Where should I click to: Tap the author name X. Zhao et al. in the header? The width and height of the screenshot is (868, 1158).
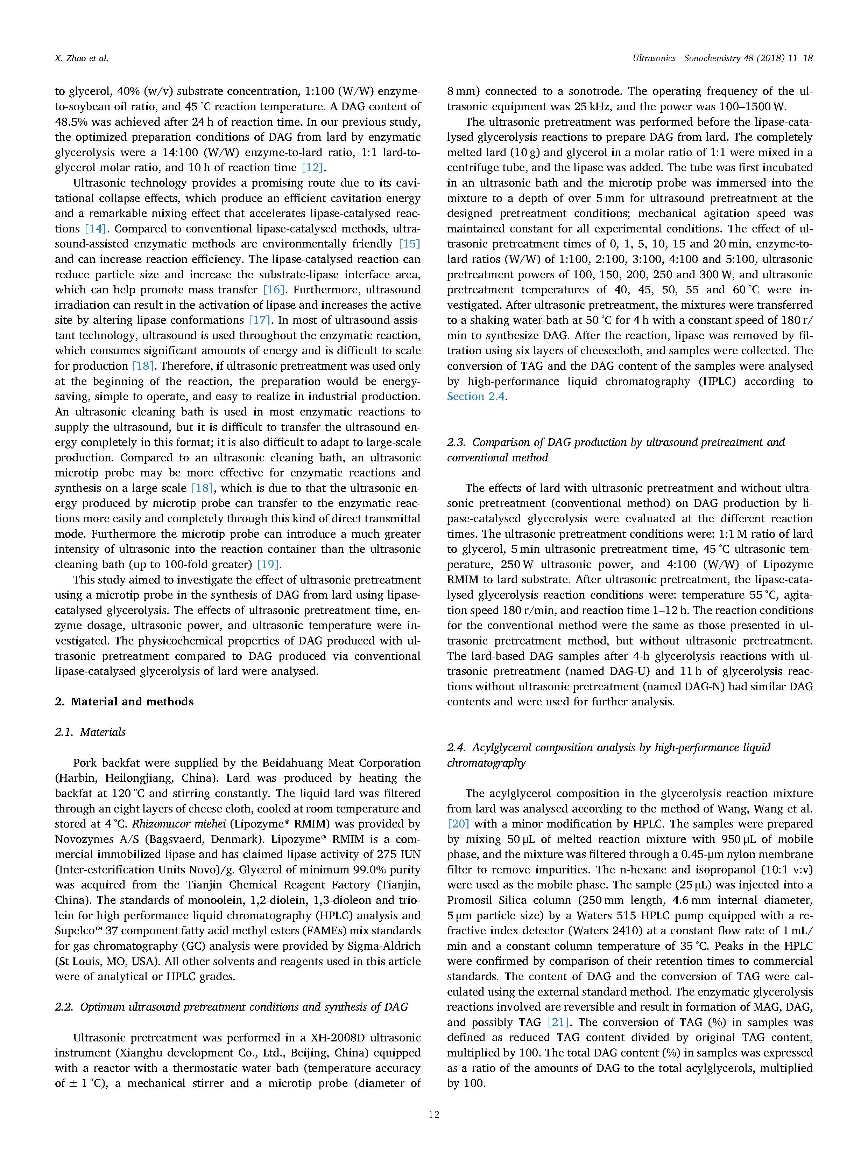(82, 58)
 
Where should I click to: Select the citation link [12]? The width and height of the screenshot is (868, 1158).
(313, 168)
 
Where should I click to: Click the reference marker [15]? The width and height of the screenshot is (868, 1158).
(409, 244)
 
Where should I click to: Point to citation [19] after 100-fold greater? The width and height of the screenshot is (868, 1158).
(268, 564)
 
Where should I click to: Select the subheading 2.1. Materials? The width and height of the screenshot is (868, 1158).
(90, 732)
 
